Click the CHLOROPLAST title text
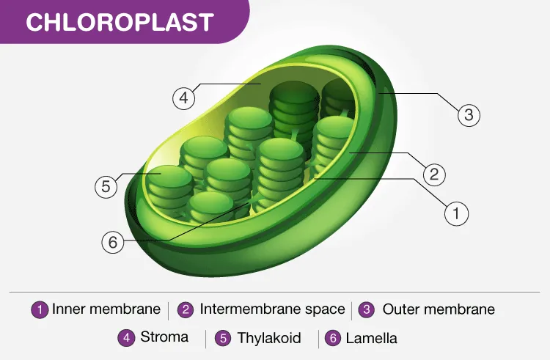120,22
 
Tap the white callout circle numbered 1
456,213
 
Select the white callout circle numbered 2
434,175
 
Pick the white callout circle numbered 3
469,114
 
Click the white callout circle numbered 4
184,98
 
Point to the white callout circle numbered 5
106,186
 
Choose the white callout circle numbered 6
113,242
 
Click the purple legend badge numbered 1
40,310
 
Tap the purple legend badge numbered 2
186,310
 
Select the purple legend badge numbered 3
367,309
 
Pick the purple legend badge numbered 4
126,338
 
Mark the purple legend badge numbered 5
223,338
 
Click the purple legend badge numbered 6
333,338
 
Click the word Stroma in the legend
164,337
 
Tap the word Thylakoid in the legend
269,338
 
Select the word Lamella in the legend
372,338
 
